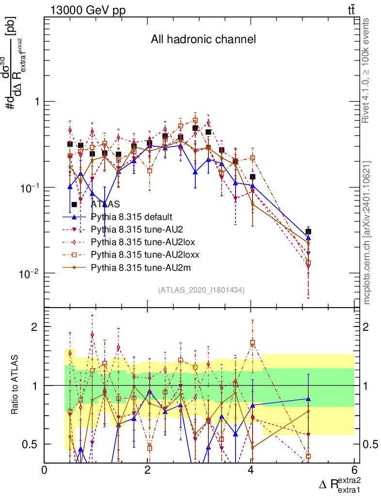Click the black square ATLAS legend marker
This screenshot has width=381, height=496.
(x=74, y=204)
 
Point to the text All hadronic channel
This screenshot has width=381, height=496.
(x=203, y=40)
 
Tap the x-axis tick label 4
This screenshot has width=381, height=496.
(x=251, y=470)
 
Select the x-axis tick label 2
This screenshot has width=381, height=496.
(x=147, y=470)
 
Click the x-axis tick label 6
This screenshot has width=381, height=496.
(x=354, y=470)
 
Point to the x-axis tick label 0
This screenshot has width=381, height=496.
(x=44, y=470)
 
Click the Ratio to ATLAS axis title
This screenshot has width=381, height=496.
(x=15, y=385)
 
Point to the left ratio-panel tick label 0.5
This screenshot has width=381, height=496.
(x=31, y=444)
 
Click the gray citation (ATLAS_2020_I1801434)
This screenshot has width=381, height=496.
(x=201, y=290)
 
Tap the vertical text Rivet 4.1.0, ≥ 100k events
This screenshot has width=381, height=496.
(x=366, y=70)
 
